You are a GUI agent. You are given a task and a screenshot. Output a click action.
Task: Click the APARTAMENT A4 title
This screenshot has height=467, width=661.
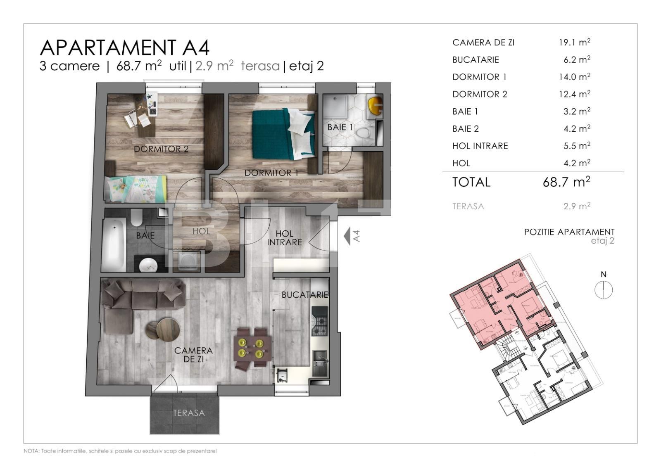[125, 47]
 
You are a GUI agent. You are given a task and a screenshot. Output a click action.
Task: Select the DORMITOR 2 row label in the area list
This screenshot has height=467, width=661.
[480, 94]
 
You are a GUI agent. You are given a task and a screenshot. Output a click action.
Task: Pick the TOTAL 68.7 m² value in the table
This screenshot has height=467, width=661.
[566, 182]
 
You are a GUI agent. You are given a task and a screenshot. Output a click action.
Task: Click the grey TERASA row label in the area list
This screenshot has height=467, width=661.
[468, 206]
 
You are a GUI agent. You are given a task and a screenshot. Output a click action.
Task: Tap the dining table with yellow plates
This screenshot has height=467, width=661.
[253, 348]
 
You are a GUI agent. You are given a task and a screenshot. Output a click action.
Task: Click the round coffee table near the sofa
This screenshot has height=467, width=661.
[164, 329]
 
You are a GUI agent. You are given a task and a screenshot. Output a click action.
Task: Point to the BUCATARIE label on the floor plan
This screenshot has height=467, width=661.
[304, 295]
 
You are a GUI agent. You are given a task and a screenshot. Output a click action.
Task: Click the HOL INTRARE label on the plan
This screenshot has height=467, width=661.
[284, 238]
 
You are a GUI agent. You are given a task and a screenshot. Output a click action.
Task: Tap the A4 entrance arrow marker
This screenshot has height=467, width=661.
[347, 236]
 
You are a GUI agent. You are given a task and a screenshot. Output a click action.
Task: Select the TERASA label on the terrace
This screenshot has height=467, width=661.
[188, 413]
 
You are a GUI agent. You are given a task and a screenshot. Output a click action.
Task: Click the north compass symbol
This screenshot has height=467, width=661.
[603, 289]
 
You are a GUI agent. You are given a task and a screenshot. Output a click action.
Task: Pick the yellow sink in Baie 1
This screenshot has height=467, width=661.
[375, 106]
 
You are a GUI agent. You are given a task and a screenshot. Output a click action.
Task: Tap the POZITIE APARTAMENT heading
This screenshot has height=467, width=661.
[569, 232]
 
